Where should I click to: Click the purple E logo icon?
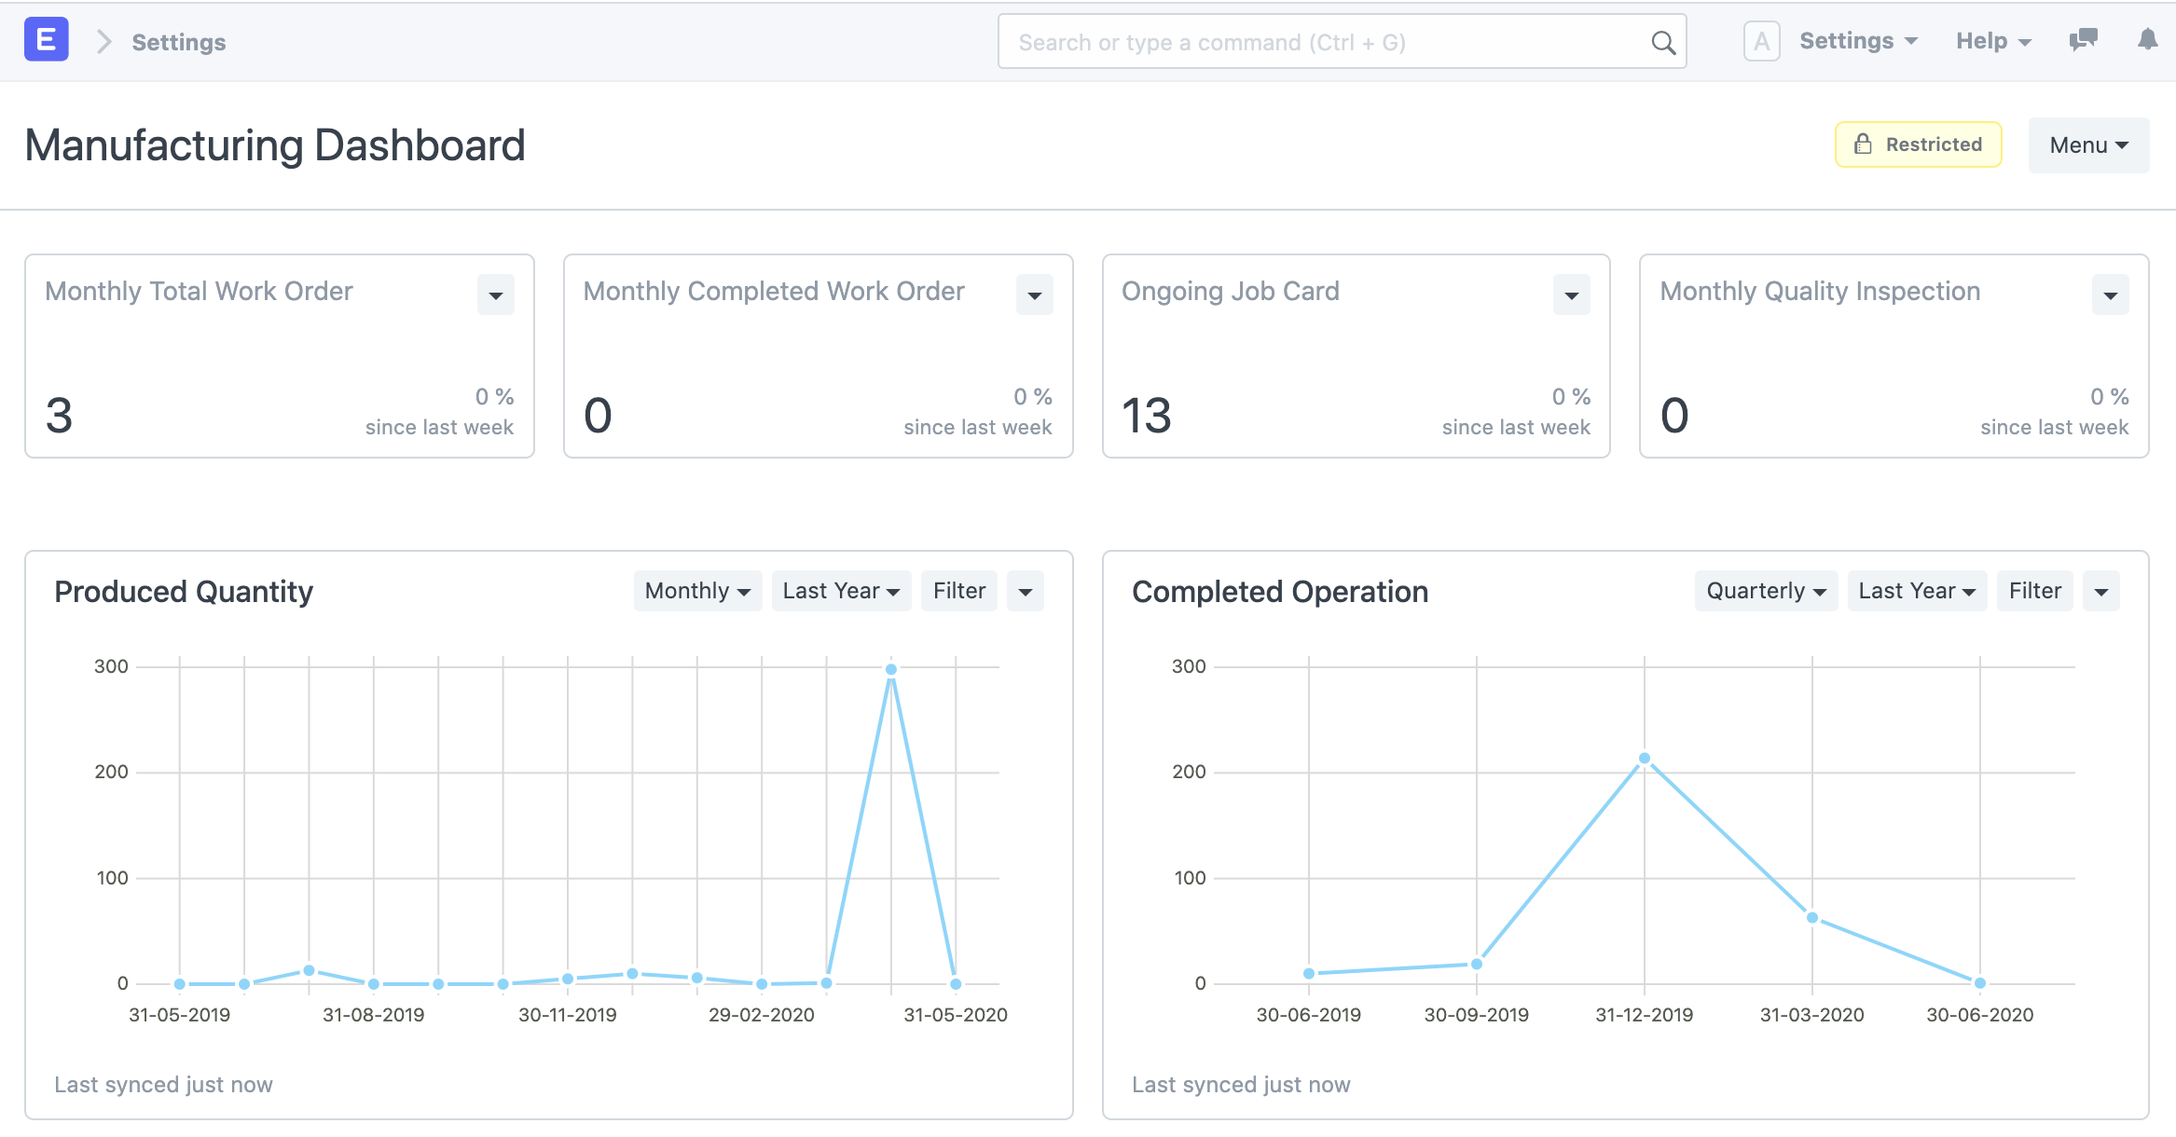tap(46, 40)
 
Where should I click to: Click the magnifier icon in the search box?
tap(1662, 42)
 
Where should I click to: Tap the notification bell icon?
tap(2147, 39)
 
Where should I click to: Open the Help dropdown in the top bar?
tap(1992, 41)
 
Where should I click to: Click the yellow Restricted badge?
tap(1918, 144)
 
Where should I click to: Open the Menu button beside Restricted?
tap(2088, 145)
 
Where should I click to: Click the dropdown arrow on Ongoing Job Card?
tap(1571, 295)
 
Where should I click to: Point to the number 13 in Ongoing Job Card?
tap(1146, 416)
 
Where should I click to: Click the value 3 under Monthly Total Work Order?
tap(59, 416)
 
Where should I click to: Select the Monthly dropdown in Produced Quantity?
tap(696, 591)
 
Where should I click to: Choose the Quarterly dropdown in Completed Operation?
tap(1765, 591)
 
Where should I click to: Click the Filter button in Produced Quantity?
tap(958, 591)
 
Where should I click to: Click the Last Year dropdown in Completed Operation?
tap(1916, 591)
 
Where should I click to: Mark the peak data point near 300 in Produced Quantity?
tap(890, 669)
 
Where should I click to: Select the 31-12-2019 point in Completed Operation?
tap(1644, 759)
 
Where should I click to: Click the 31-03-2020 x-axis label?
tap(1811, 1015)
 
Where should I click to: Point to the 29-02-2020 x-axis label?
tap(761, 1015)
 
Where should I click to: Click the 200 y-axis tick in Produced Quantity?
tap(111, 772)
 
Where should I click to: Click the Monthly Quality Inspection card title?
tap(1819, 291)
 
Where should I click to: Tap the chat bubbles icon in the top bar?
tap(2083, 39)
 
